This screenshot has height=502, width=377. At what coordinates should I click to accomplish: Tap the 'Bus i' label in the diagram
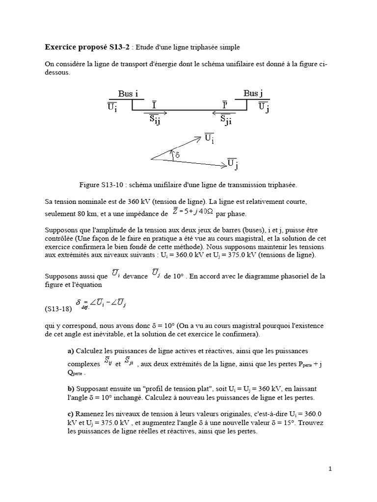pyautogui.click(x=128, y=94)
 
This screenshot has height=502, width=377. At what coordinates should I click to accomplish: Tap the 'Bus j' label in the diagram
pyautogui.click(x=254, y=94)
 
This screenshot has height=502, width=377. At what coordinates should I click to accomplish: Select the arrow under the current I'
pyautogui.click(x=224, y=112)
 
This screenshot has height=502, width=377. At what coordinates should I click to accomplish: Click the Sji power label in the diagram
pyautogui.click(x=225, y=120)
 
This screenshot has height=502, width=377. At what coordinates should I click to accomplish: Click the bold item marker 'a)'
pyautogui.click(x=71, y=351)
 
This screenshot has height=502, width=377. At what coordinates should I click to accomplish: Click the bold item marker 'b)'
pyautogui.click(x=71, y=387)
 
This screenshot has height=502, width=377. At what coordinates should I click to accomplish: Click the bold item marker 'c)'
pyautogui.click(x=71, y=414)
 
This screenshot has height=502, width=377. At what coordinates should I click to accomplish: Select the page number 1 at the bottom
pyautogui.click(x=330, y=469)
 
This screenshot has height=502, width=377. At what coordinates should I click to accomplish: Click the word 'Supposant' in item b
pyautogui.click(x=92, y=387)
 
